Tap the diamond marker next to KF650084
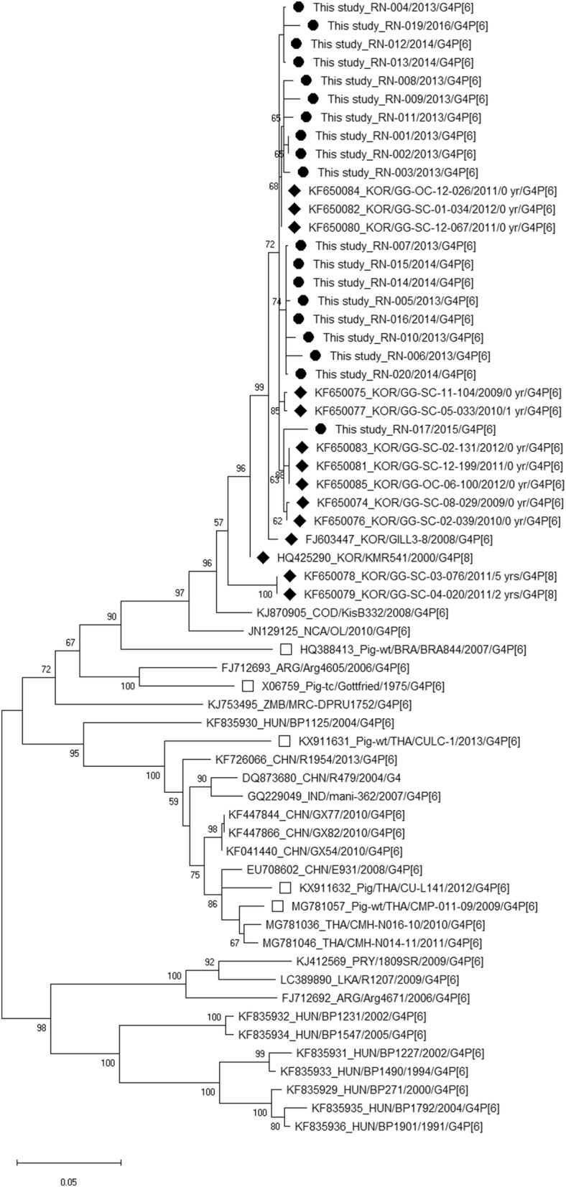click(294, 190)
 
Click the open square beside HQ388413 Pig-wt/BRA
click(286, 649)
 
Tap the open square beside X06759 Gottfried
click(248, 686)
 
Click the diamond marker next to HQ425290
click(262, 557)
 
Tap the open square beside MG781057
click(279, 906)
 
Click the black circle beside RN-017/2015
click(320, 429)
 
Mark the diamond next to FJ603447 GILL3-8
click(291, 539)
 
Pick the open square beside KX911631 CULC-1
click(284, 741)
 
